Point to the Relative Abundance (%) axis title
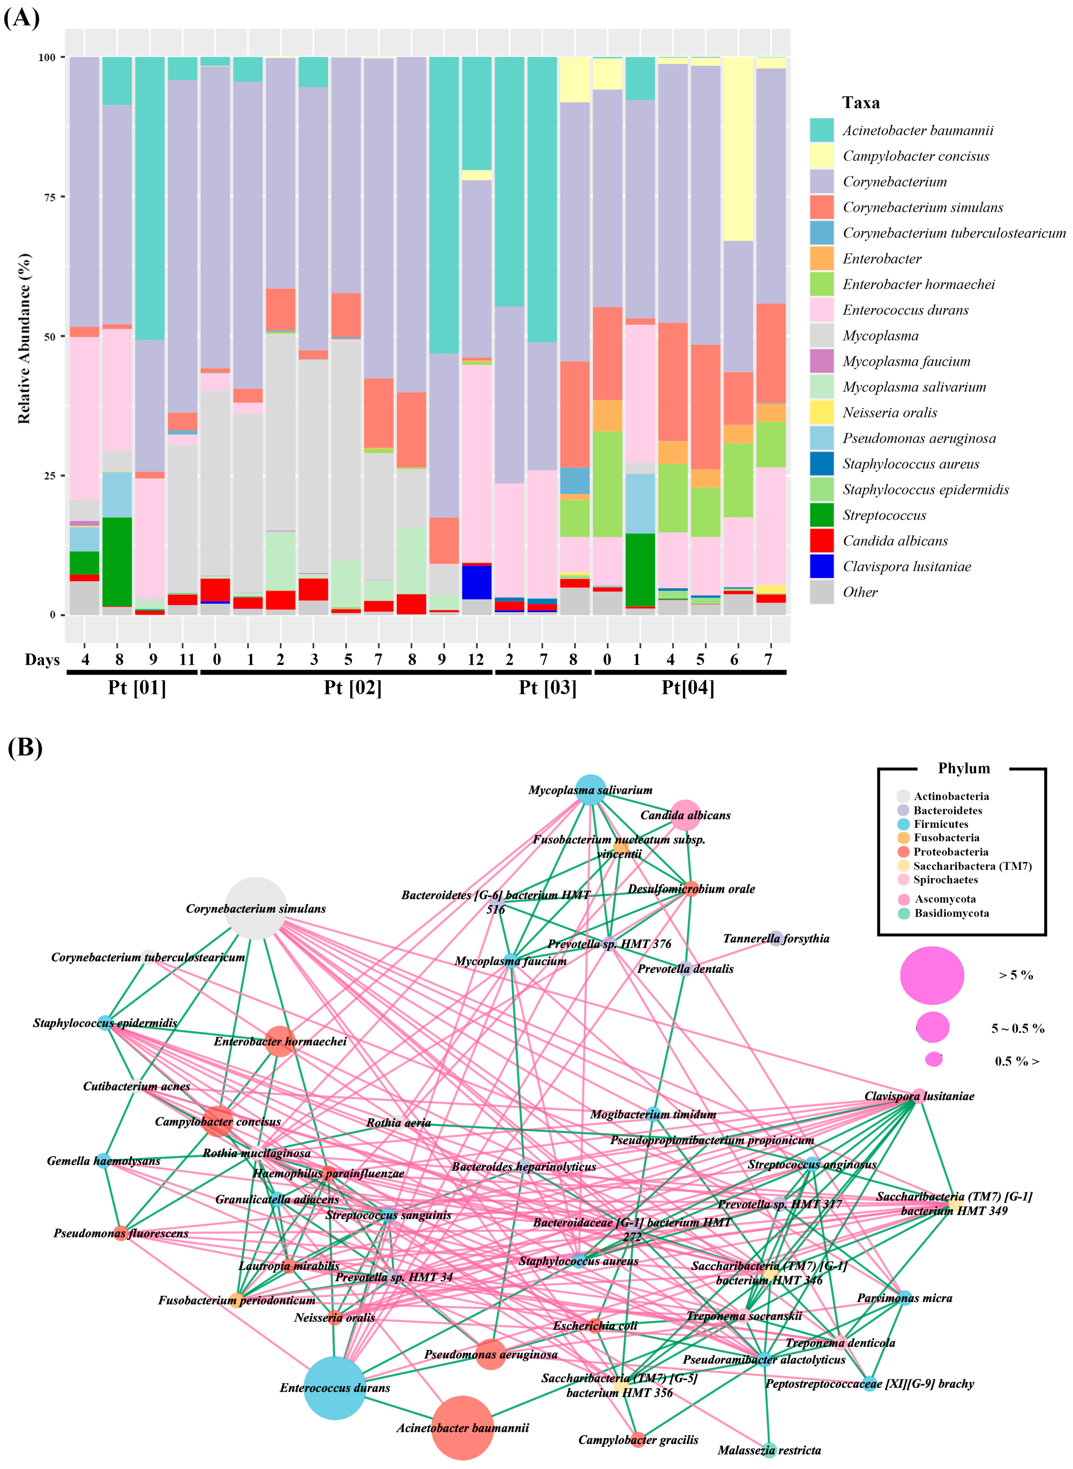click(24, 338)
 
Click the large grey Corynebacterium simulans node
click(256, 908)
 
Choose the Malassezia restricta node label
click(769, 1450)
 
